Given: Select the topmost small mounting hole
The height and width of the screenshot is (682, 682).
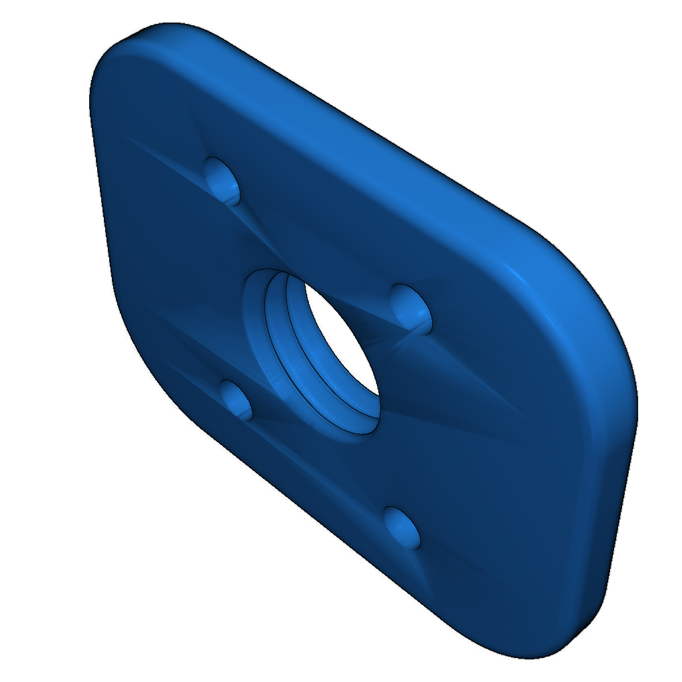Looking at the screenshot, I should [222, 178].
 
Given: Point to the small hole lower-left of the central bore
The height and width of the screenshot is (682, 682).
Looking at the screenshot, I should [236, 400].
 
